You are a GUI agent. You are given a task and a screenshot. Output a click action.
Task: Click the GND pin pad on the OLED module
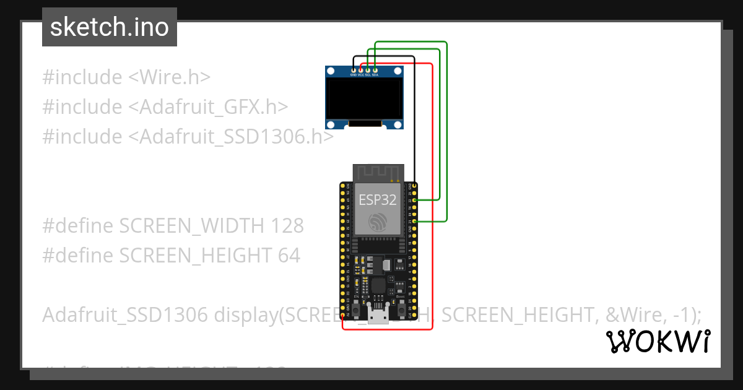[x=354, y=70]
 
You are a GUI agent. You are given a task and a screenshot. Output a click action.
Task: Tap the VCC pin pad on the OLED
[x=361, y=70]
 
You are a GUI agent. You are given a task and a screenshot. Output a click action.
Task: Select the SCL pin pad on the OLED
[x=368, y=70]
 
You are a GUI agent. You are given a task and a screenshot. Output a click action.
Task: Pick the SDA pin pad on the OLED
[x=375, y=70]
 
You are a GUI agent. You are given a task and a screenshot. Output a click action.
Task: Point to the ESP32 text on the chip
[x=378, y=200]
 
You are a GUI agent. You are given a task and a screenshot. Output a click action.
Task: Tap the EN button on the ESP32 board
[x=355, y=308]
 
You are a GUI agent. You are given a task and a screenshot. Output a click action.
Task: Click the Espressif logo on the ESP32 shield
[x=378, y=222]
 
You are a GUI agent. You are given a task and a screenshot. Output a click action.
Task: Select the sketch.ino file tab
[x=110, y=27]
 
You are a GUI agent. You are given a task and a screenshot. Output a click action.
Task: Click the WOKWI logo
[x=658, y=341]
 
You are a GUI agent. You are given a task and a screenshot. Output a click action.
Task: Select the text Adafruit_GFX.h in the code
[x=207, y=107]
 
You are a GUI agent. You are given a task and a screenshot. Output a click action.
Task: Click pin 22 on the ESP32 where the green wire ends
[x=414, y=200]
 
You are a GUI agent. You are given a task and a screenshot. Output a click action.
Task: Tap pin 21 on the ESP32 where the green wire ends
[x=414, y=221]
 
